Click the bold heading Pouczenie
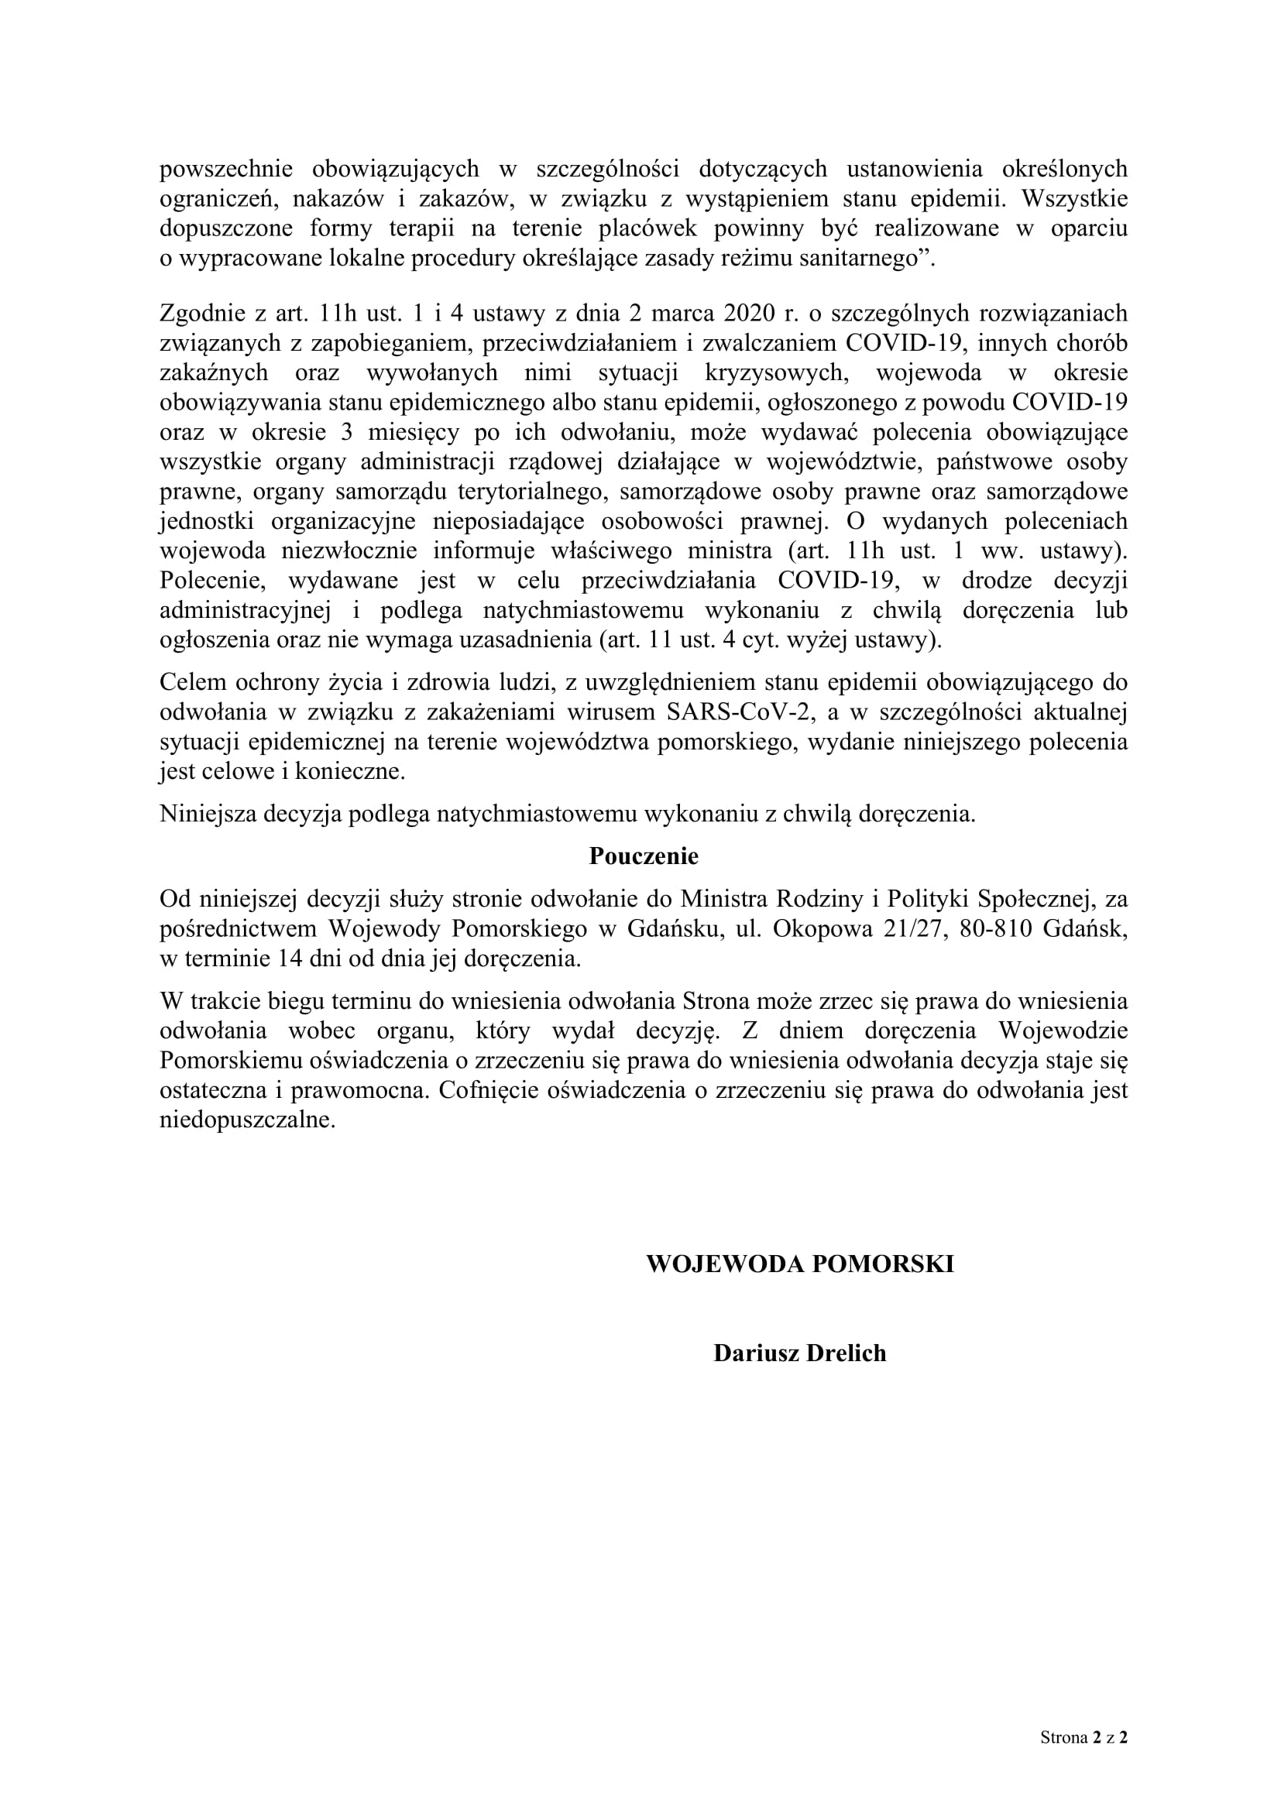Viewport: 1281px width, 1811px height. [x=644, y=856]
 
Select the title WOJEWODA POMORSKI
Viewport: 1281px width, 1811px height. [x=800, y=1264]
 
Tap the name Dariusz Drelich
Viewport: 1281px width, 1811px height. [x=800, y=1353]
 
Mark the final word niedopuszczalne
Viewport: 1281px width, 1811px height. [x=247, y=1120]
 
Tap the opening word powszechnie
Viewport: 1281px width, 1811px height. [x=226, y=169]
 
